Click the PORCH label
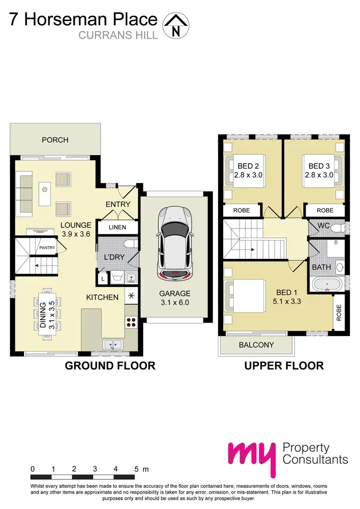[x=55, y=140]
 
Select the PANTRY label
[x=47, y=248]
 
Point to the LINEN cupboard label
[x=117, y=227]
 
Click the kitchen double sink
[x=114, y=344]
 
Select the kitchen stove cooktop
[x=131, y=323]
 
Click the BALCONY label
[x=256, y=345]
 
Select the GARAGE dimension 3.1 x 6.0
[x=176, y=303]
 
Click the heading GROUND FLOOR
[x=110, y=366]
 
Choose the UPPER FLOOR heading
[x=284, y=366]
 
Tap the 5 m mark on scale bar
[x=137, y=469]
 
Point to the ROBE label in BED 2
[x=241, y=210]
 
